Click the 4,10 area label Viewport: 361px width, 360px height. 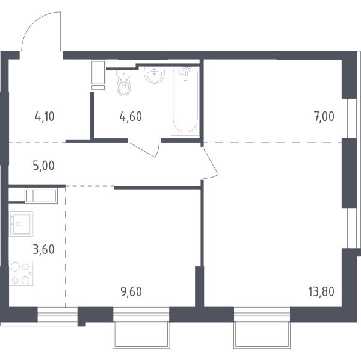point(45,117)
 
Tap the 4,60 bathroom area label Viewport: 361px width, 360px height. point(131,117)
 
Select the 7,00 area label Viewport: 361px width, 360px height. point(324,117)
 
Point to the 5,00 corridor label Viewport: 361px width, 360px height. point(44,166)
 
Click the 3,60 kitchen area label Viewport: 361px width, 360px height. point(44,249)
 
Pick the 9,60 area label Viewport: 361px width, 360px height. point(131,291)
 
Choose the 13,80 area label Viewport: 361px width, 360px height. point(321,291)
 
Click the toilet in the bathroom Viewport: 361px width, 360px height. point(124,83)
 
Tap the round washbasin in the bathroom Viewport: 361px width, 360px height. point(154,75)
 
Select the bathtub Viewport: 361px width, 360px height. point(185,101)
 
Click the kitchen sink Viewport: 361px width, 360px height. point(21,224)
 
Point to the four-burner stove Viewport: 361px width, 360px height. point(21,273)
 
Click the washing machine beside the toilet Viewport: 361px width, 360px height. point(99,76)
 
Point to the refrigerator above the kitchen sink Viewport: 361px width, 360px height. point(41,196)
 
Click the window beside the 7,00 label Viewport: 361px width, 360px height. point(349,119)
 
